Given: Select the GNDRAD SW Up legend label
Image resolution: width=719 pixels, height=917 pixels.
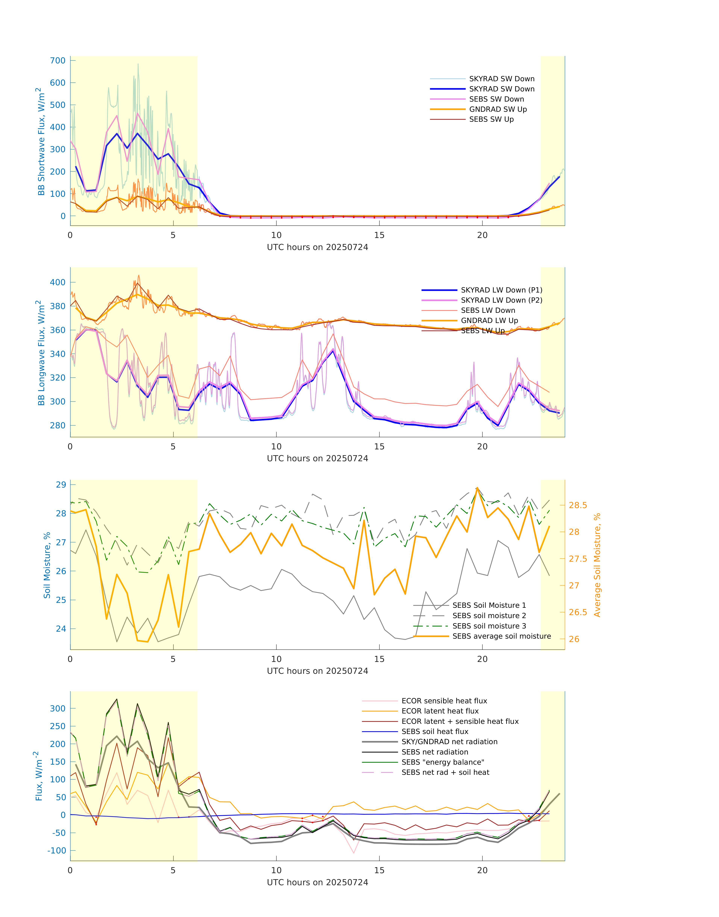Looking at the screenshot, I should point(498,109).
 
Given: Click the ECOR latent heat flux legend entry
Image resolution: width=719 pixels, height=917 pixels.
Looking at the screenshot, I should point(439,711).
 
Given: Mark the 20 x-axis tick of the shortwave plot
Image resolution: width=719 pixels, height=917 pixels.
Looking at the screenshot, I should point(482,235).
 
